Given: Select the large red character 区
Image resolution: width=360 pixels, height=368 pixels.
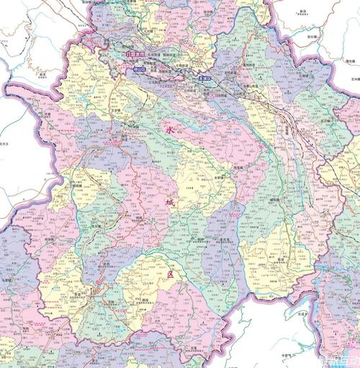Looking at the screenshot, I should (x=171, y=275).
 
